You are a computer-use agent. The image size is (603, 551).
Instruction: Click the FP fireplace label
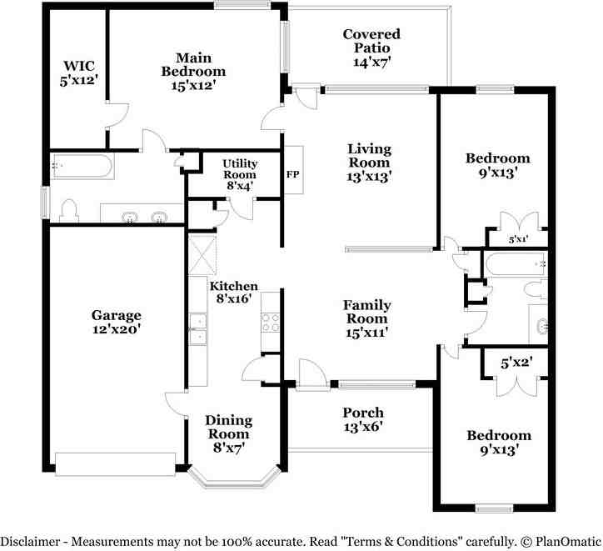[x=292, y=174]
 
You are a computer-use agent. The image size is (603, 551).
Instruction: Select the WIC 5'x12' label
[x=79, y=73]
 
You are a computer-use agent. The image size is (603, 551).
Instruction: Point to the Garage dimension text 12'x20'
[x=116, y=329]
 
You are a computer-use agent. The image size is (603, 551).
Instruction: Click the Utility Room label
[x=240, y=169]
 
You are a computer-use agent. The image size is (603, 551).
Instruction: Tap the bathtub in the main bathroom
[x=82, y=166]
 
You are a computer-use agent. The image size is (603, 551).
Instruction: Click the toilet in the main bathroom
[x=69, y=211]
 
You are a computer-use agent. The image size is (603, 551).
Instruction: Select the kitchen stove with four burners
[x=271, y=322]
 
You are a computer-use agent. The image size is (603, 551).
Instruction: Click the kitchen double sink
[x=198, y=328]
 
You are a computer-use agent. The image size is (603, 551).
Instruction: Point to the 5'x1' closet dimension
[x=518, y=239]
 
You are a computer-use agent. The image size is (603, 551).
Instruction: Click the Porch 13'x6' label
[x=363, y=419]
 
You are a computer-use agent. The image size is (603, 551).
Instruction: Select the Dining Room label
[x=229, y=427]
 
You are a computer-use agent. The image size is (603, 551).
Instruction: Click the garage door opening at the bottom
[x=116, y=464]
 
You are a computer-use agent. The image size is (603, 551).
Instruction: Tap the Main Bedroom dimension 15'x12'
[x=193, y=85]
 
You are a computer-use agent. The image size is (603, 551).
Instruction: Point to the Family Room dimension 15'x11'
[x=366, y=333]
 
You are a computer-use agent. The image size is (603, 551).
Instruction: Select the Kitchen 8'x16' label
[x=234, y=292]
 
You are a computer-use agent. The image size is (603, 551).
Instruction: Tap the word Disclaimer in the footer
[x=30, y=541]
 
